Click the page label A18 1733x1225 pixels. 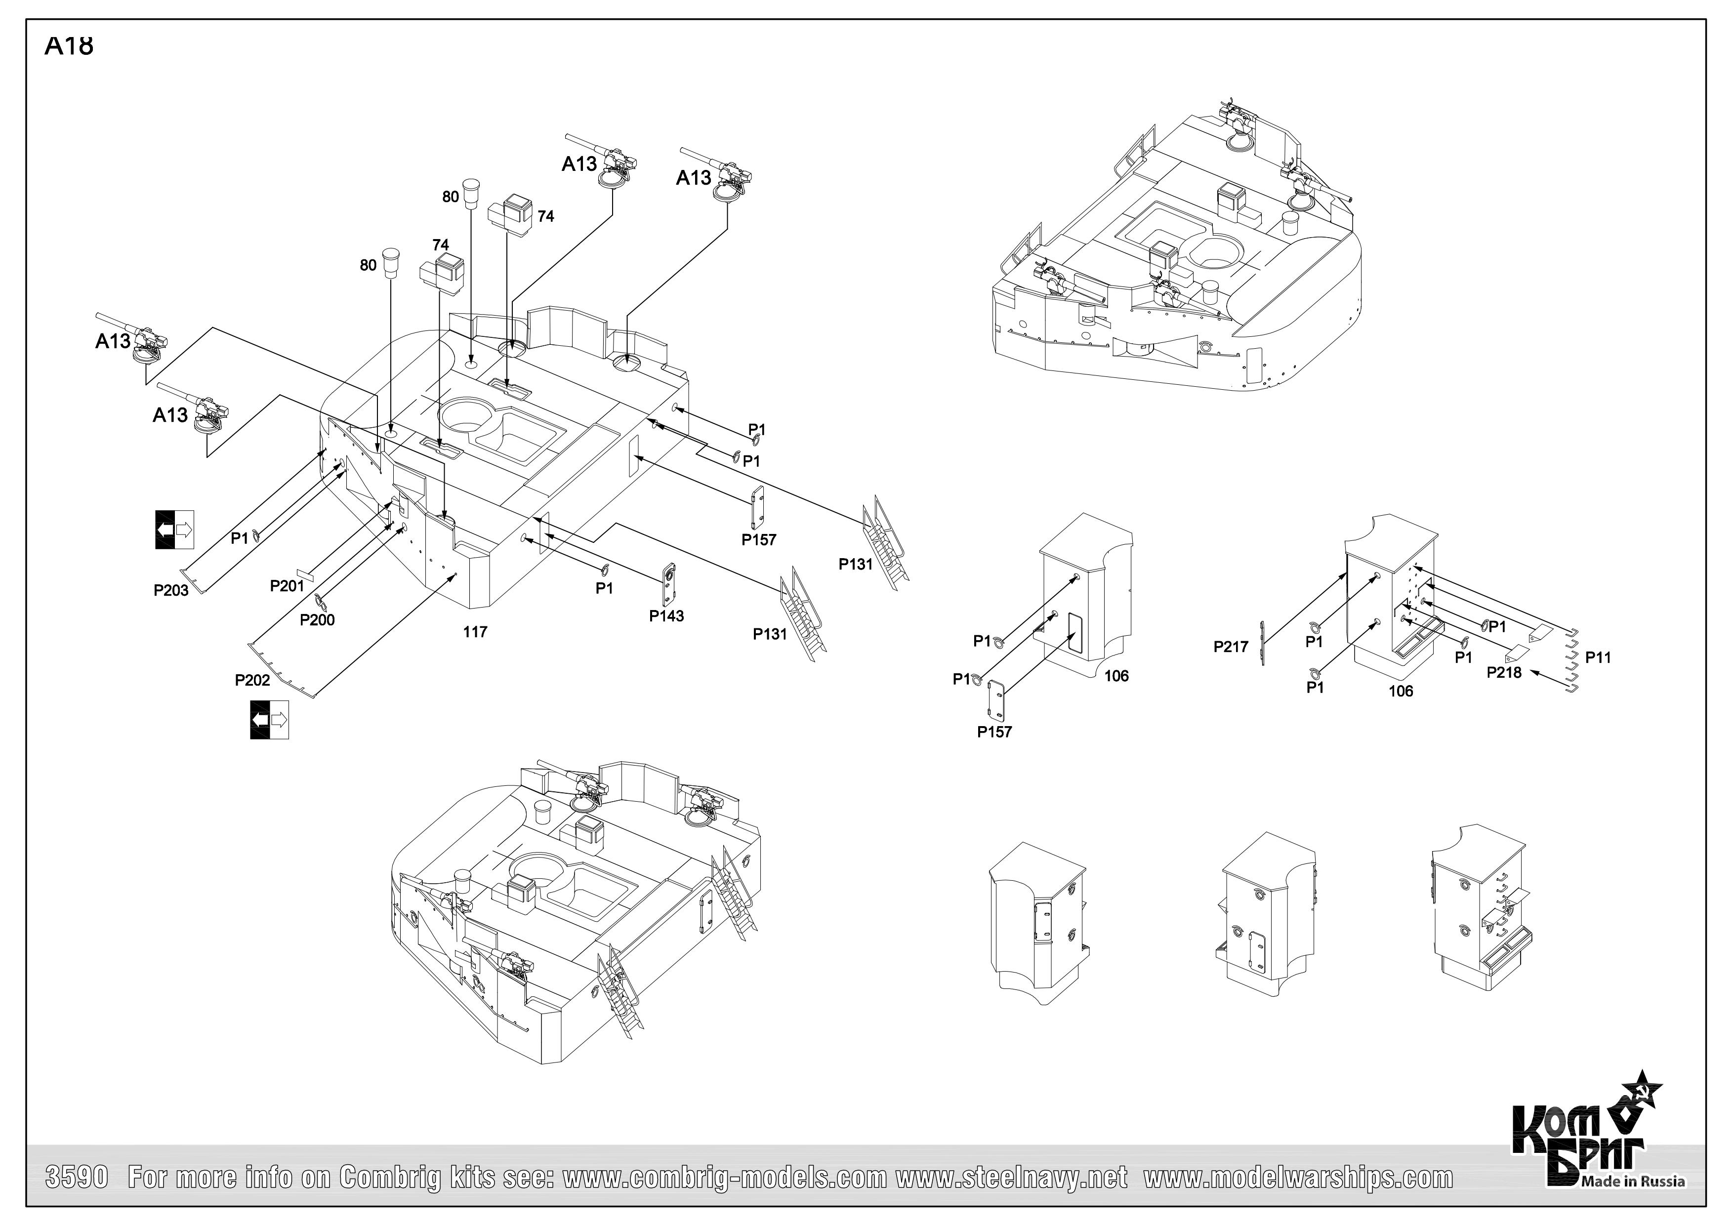(x=69, y=45)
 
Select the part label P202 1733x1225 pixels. (x=252, y=680)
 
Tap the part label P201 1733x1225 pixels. (x=287, y=586)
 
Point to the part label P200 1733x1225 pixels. (x=317, y=620)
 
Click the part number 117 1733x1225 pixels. (x=475, y=632)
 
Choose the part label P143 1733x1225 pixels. (x=666, y=616)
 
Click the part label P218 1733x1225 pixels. (x=1504, y=672)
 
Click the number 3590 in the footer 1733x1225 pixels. (x=78, y=1178)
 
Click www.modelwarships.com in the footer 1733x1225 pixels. (x=1298, y=1178)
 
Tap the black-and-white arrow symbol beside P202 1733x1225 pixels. (x=269, y=719)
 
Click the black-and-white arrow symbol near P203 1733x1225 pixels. (x=175, y=529)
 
